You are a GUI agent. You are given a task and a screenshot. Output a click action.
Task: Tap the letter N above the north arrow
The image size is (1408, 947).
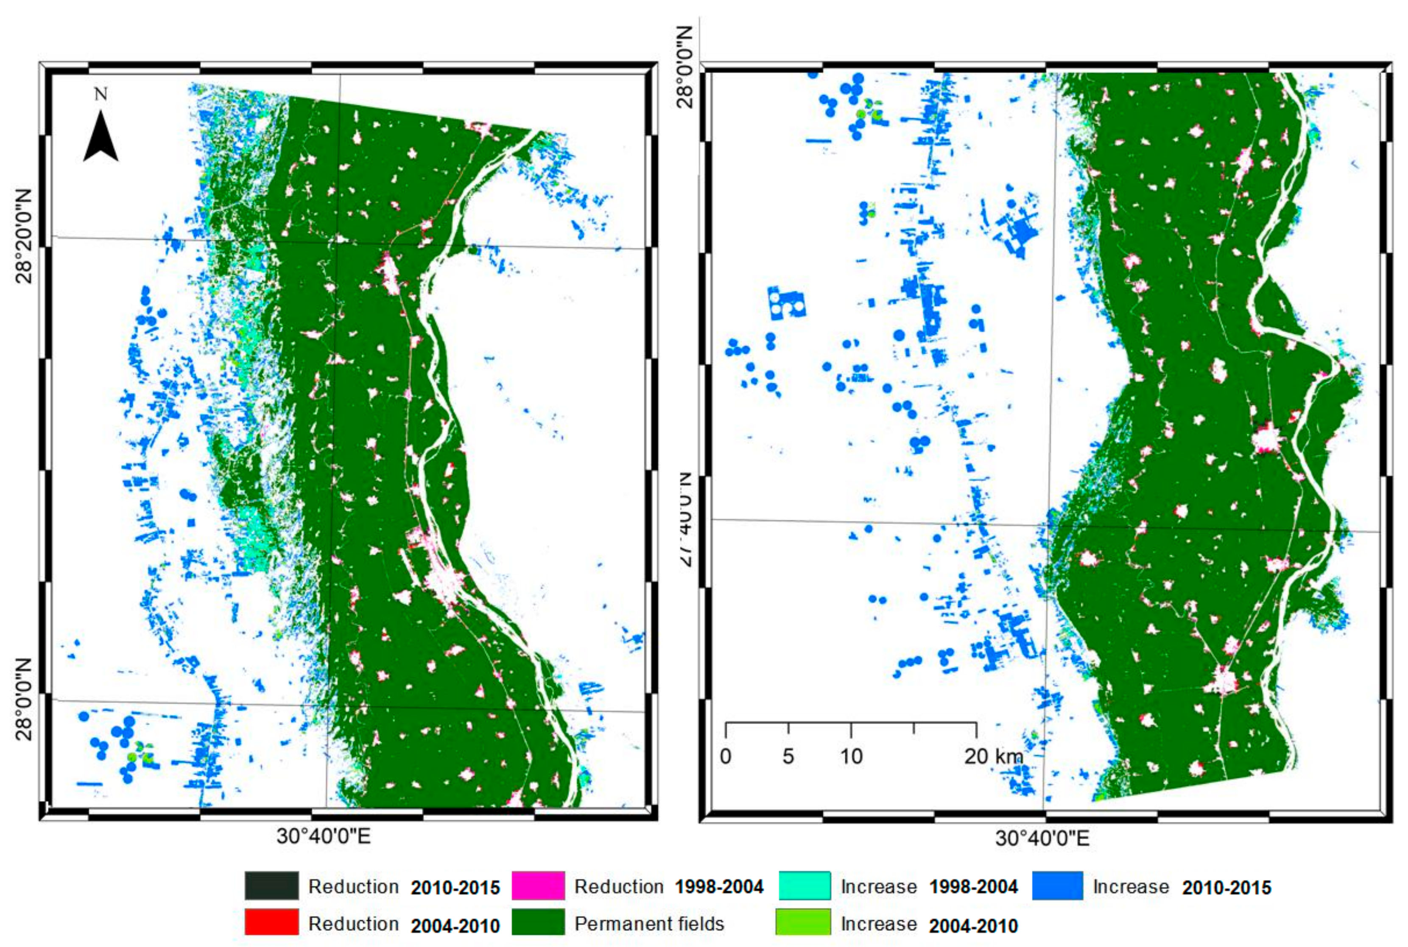(101, 94)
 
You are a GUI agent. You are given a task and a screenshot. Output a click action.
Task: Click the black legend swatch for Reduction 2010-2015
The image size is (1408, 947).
(271, 886)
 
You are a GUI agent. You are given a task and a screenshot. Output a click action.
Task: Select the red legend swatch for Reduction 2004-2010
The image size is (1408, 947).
(271, 922)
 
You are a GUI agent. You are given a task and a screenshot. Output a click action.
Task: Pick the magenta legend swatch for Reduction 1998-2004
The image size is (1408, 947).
(538, 886)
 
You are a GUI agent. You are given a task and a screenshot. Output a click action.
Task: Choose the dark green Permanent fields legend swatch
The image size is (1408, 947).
(538, 922)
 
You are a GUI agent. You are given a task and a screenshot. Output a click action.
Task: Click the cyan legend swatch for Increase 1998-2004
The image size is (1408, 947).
(805, 886)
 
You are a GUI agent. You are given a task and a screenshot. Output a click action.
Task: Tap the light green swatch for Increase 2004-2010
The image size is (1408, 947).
(805, 922)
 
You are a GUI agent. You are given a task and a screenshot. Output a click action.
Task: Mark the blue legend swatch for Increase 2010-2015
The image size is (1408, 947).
(1057, 886)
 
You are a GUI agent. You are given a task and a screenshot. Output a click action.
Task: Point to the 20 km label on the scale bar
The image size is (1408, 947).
(993, 756)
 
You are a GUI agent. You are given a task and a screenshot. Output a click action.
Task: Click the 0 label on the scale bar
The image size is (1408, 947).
(726, 756)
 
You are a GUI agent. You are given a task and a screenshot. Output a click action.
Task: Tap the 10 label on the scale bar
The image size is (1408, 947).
(851, 756)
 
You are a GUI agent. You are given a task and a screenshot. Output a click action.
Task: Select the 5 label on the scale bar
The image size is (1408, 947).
(788, 756)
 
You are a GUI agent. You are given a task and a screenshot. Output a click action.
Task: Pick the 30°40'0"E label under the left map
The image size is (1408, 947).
(324, 837)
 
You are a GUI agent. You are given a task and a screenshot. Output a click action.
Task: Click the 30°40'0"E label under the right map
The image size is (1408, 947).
(1042, 838)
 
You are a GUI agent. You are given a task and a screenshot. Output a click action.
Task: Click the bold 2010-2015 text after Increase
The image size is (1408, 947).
(1226, 888)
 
